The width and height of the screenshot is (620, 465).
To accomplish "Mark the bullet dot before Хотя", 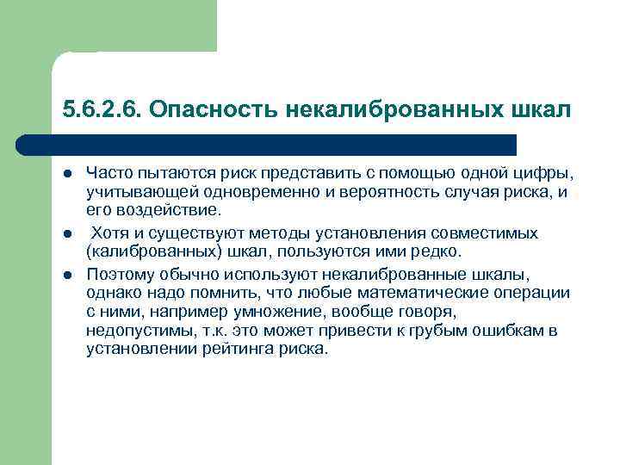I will (x=67, y=232).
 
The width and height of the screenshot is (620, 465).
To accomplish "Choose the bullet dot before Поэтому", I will (x=67, y=275).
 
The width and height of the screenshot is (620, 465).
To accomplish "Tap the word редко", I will (x=437, y=251).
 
